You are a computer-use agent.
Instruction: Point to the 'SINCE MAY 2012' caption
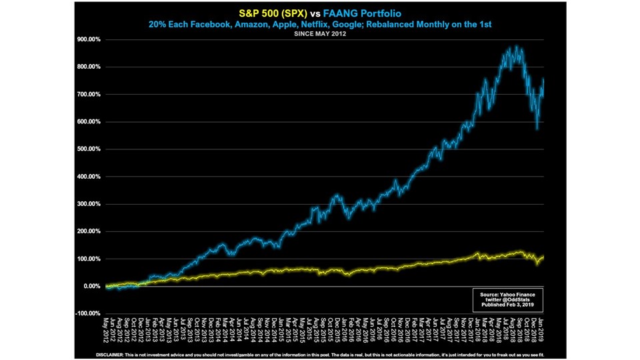click(320, 33)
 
